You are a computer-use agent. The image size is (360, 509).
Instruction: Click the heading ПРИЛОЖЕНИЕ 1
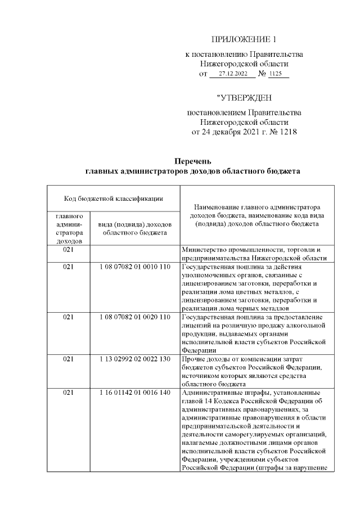pyautogui.click(x=244, y=39)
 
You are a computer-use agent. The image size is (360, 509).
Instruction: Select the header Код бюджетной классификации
pyautogui.click(x=113, y=198)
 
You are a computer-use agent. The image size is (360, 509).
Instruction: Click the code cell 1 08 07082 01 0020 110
pyautogui.click(x=134, y=317)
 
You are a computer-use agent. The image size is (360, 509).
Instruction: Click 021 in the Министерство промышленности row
pyautogui.click(x=69, y=249)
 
